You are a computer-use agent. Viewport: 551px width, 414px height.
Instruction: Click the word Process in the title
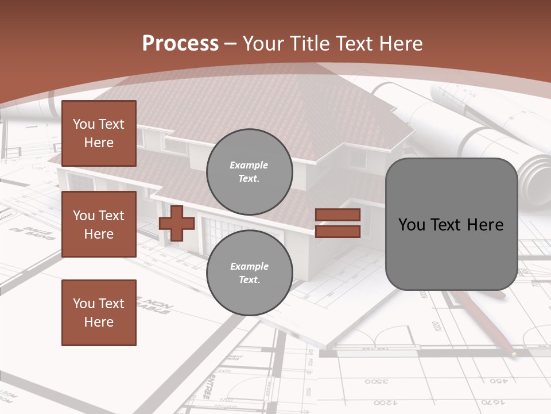(180, 44)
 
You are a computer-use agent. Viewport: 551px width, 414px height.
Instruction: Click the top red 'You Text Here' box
(99, 133)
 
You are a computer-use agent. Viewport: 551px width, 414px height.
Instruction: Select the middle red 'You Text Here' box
(99, 224)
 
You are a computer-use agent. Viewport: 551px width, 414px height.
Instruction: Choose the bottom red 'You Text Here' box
(99, 313)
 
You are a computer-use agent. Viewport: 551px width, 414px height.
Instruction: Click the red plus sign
(177, 223)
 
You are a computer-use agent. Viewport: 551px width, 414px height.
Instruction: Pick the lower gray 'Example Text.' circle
(249, 273)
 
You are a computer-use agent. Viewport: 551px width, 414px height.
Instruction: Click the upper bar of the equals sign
(337, 215)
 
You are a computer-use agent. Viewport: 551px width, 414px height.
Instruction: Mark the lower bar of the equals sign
(337, 231)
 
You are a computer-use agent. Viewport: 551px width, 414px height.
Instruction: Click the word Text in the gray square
(451, 224)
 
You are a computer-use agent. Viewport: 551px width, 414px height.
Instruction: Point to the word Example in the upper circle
(249, 165)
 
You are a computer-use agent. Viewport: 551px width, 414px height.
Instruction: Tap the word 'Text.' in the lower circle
(249, 279)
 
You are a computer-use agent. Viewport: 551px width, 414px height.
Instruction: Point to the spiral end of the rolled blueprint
(537, 178)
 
